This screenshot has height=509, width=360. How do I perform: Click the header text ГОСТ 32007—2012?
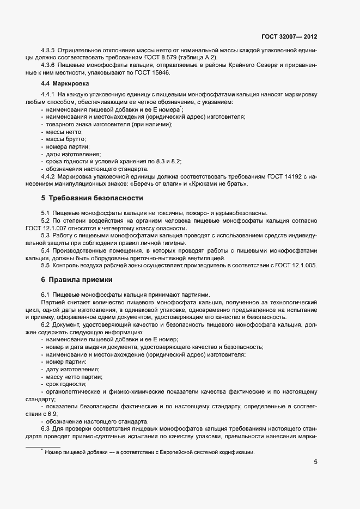pos(290,37)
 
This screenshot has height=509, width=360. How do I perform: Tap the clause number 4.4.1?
pos(48,95)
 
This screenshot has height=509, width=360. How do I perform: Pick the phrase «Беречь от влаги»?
pos(168,184)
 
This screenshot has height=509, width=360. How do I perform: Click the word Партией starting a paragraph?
pos(53,302)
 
